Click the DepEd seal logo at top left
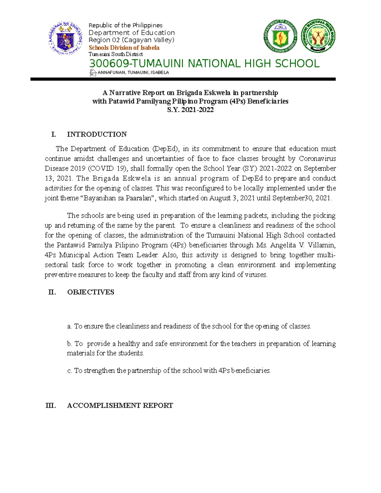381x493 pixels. [65, 39]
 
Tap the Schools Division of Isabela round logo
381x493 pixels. [280, 36]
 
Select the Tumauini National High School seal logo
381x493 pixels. [318, 36]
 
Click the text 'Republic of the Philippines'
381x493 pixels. [125, 25]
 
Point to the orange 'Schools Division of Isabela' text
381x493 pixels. [124, 48]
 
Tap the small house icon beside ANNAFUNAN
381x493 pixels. [93, 73]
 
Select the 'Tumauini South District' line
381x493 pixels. [116, 54]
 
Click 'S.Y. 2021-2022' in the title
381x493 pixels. [190, 110]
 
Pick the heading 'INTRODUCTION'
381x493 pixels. [97, 134]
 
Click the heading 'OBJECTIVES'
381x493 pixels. [90, 292]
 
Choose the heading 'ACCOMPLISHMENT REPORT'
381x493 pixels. [120, 405]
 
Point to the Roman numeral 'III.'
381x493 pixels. [51, 405]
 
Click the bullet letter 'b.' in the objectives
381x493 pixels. [70, 344]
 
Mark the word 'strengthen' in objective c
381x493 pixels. [99, 370]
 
